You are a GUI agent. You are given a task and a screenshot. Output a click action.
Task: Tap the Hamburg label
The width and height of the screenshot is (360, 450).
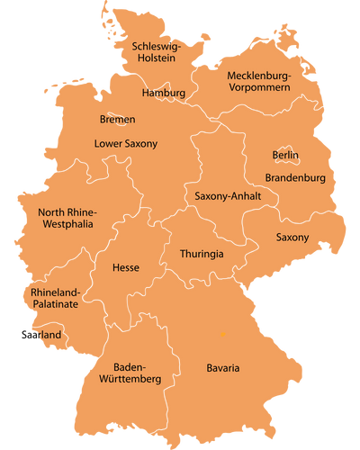pyautogui.click(x=164, y=93)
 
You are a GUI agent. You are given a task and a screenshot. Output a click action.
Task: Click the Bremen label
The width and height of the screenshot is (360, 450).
pyautogui.click(x=117, y=119)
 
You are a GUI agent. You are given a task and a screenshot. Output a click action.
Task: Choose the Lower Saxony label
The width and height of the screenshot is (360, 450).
pyautogui.click(x=126, y=143)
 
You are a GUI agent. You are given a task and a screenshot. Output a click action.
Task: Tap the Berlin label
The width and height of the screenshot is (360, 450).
pyautogui.click(x=285, y=155)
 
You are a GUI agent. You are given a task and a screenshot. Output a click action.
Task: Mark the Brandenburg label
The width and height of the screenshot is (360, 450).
pyautogui.click(x=295, y=178)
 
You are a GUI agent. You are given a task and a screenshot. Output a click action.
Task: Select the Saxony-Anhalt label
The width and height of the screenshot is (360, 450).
pyautogui.click(x=228, y=195)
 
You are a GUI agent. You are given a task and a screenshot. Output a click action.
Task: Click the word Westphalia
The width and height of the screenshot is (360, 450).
pyautogui.click(x=68, y=225)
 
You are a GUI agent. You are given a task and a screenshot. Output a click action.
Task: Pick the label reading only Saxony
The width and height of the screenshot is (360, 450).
pyautogui.click(x=292, y=238)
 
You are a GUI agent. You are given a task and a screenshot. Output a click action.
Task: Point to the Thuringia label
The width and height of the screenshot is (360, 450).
pyautogui.click(x=202, y=254)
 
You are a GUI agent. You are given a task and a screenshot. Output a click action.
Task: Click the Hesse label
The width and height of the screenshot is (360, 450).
pyautogui.click(x=125, y=267)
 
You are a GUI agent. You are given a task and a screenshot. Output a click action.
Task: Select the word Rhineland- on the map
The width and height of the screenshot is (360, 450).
pyautogui.click(x=56, y=292)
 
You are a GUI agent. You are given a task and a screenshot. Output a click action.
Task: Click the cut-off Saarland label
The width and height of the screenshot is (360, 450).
pyautogui.click(x=47, y=335)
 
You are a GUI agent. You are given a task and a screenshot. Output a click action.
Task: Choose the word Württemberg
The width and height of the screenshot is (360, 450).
pyautogui.click(x=130, y=380)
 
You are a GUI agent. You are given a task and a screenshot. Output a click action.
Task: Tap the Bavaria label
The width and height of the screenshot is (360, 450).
pyautogui.click(x=222, y=368)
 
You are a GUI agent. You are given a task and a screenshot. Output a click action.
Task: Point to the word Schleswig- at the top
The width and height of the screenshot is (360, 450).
pyautogui.click(x=157, y=45)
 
